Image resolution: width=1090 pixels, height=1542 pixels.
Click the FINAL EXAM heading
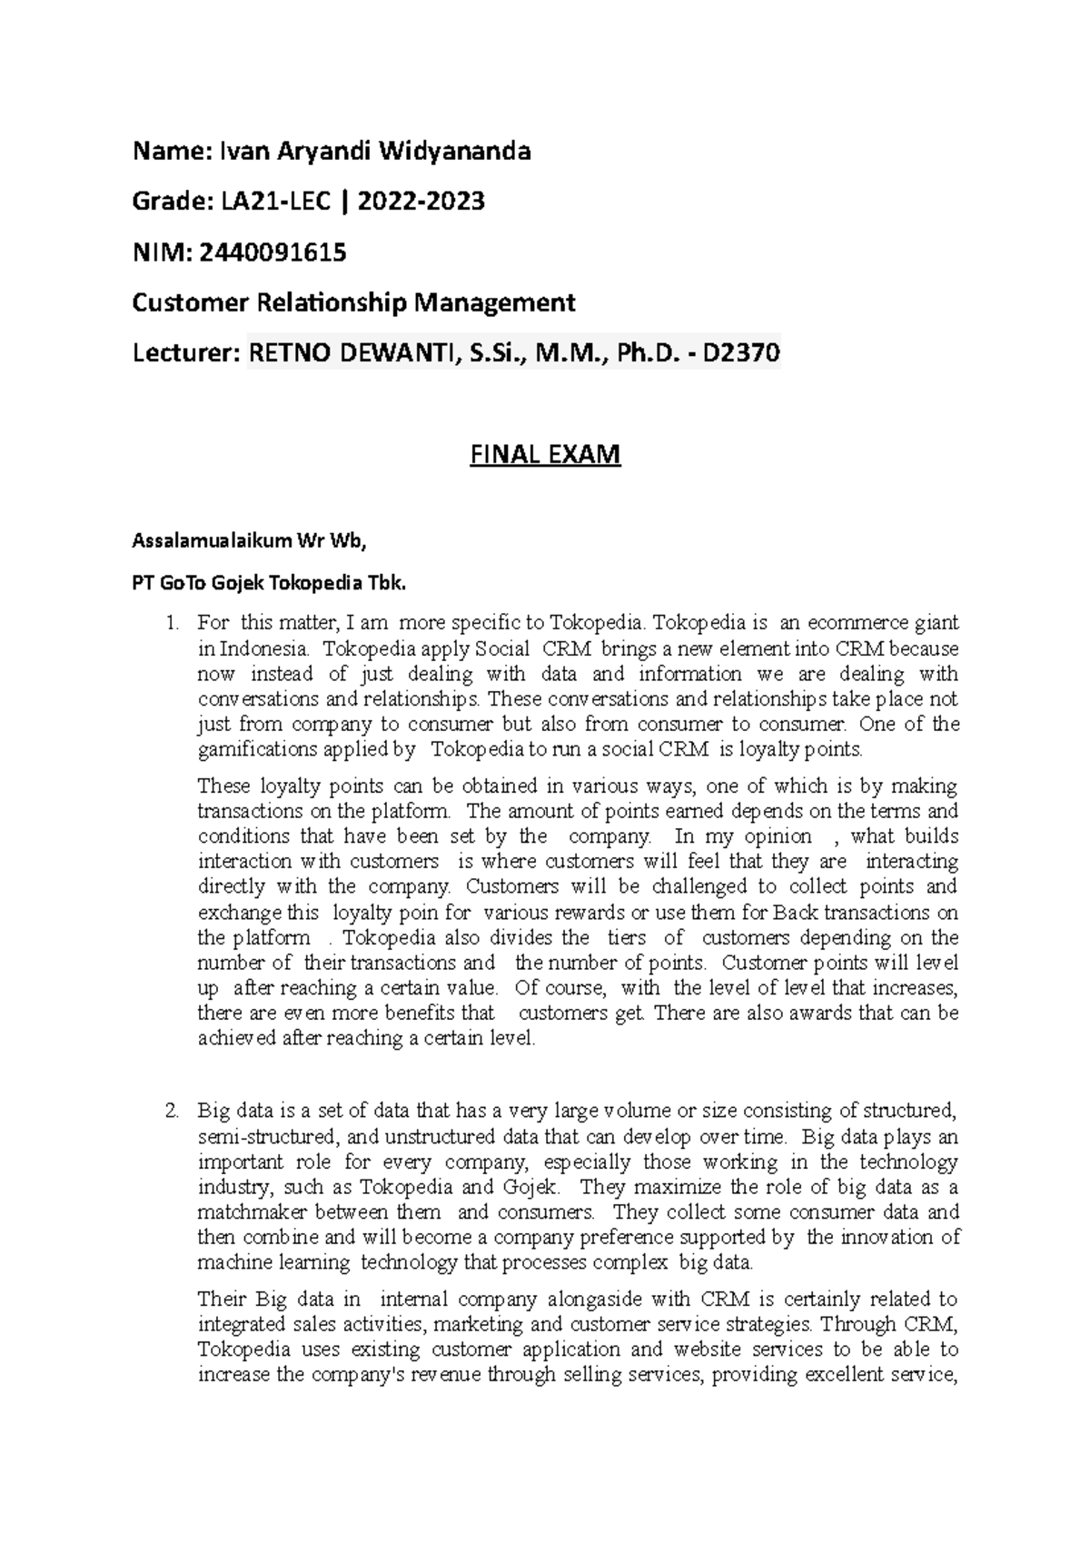(x=545, y=453)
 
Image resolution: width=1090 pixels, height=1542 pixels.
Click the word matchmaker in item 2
(x=243, y=1212)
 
